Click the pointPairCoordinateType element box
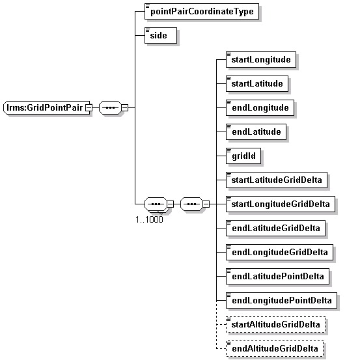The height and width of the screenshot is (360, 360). [x=202, y=11]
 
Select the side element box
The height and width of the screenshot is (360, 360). [x=161, y=35]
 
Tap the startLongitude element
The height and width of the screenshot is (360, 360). [x=261, y=59]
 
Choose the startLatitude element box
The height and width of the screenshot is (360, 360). [x=257, y=83]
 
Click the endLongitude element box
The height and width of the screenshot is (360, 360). [x=260, y=107]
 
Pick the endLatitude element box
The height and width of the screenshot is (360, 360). [x=256, y=132]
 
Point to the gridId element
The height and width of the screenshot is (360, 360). [x=243, y=156]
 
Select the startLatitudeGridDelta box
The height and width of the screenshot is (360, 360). [x=277, y=180]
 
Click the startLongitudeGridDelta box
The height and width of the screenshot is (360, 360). [x=281, y=204]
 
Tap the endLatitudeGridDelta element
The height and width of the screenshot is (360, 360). [x=275, y=228]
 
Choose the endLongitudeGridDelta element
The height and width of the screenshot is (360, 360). [x=279, y=252]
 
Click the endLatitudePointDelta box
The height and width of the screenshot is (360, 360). [x=277, y=276]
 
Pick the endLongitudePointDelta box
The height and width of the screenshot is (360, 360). [x=281, y=300]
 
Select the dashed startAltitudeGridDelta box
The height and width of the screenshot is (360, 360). [x=275, y=324]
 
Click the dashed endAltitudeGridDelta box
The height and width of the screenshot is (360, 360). [x=275, y=348]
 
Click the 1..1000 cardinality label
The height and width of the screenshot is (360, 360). [x=149, y=219]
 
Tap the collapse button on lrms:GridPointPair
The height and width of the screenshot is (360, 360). [x=89, y=107]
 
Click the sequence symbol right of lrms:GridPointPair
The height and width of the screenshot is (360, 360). [x=110, y=107]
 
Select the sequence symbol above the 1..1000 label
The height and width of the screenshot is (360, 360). [x=156, y=204]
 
